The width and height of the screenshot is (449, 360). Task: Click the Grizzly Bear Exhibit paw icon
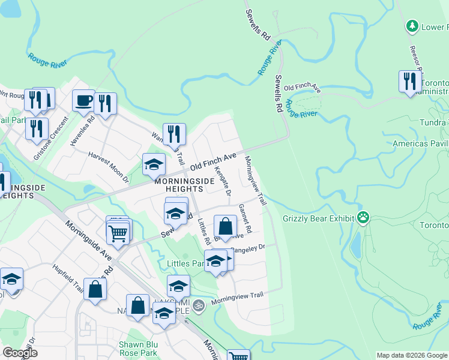pyautogui.click(x=363, y=218)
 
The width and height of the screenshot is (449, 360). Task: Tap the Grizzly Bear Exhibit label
pyautogui.click(x=321, y=218)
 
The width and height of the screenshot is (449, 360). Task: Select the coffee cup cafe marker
pyautogui.click(x=83, y=100)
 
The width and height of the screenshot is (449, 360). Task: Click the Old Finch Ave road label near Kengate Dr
pyautogui.click(x=213, y=160)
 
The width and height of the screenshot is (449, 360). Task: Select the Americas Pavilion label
pyautogui.click(x=420, y=143)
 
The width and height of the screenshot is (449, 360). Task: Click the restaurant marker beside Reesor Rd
pyautogui.click(x=410, y=82)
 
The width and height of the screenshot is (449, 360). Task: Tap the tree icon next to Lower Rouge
pyautogui.click(x=412, y=26)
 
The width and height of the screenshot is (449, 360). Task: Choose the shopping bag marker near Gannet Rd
pyautogui.click(x=225, y=227)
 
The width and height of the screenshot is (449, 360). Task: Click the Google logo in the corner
pyautogui.click(x=20, y=353)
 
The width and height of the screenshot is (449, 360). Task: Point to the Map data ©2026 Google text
pyautogui.click(x=411, y=355)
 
